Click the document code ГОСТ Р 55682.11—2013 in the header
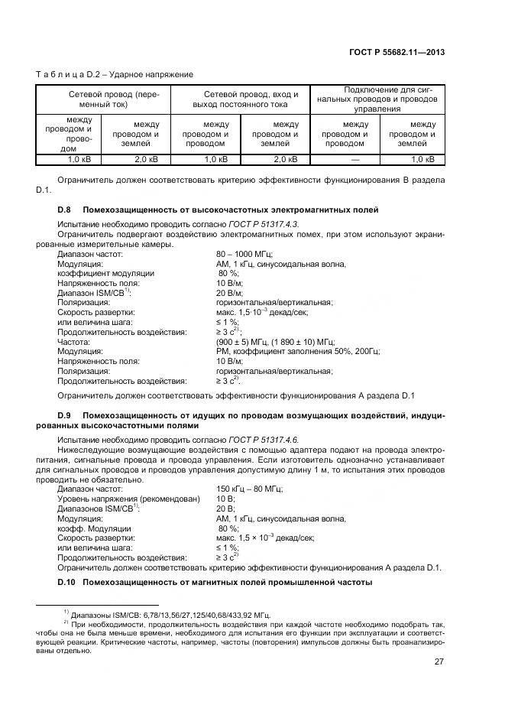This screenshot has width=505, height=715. click(x=396, y=53)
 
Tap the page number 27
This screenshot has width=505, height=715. click(x=439, y=662)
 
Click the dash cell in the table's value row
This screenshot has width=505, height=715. click(x=355, y=159)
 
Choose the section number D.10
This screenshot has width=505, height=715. click(x=66, y=583)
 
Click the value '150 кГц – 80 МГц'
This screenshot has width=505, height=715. click(x=250, y=488)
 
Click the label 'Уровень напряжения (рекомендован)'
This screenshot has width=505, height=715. click(x=128, y=499)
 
